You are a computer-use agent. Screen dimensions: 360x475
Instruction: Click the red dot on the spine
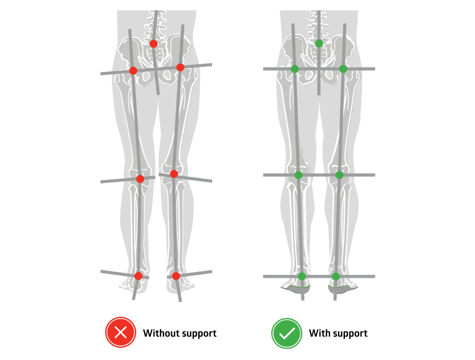tap(154, 43)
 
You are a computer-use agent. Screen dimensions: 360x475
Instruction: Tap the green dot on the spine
tap(319, 43)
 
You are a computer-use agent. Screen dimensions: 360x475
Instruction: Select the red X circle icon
tap(120, 333)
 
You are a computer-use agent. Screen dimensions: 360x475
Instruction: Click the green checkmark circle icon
tap(286, 333)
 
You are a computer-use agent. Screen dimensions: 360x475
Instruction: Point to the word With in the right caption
tap(319, 333)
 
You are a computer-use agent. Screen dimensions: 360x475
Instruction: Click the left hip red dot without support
tap(133, 71)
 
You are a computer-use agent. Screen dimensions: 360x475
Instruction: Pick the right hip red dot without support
tap(180, 67)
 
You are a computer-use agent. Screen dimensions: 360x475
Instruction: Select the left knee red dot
tap(140, 179)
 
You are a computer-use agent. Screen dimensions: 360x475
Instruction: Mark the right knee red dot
tap(174, 174)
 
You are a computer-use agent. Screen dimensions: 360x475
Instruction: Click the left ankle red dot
tap(138, 276)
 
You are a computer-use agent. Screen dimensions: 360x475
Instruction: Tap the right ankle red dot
tap(176, 276)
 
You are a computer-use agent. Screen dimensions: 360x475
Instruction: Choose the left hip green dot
tap(295, 69)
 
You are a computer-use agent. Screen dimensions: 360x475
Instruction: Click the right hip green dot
tap(343, 69)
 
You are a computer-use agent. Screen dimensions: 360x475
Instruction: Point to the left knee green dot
tap(298, 175)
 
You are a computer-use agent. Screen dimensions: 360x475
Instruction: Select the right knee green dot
tap(339, 175)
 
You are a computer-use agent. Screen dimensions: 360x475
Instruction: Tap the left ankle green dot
tap(302, 276)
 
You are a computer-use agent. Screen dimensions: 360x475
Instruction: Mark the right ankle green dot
tap(336, 276)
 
